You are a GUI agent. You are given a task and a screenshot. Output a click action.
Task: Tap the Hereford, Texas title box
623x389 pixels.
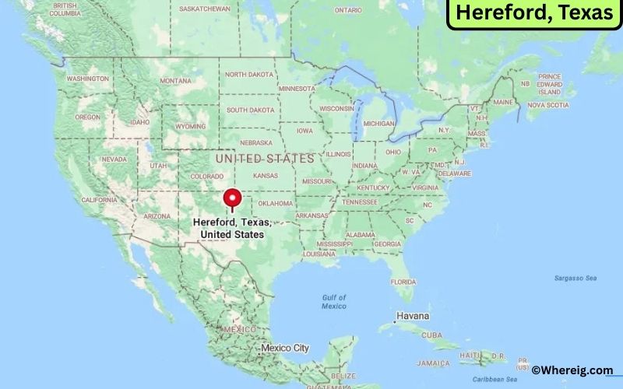534,14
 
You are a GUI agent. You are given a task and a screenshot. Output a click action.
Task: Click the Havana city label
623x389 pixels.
413,316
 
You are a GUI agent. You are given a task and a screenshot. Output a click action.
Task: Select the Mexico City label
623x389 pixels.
285,347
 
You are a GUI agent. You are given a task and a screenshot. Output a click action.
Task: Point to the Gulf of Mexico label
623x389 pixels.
334,302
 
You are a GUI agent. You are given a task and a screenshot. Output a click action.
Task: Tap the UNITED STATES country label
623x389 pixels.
265,158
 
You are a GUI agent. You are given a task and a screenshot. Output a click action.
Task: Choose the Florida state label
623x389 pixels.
403,281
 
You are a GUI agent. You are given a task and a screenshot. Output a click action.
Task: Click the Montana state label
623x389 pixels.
175,81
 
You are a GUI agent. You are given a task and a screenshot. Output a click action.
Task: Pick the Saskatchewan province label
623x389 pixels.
204,9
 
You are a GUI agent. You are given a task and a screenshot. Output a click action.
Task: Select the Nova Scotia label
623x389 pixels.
547,105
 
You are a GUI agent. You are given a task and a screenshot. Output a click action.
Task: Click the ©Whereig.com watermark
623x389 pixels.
572,370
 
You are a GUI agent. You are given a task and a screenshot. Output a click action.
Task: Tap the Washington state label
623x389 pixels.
87,79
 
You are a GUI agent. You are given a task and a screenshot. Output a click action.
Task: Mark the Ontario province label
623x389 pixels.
348,10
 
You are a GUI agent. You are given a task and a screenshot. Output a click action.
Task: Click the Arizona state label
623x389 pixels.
157,216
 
